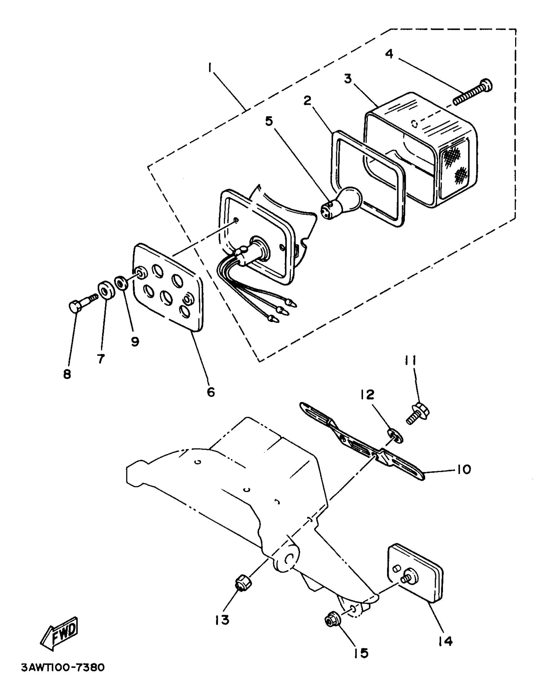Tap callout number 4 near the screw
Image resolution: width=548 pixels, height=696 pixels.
pyautogui.click(x=389, y=54)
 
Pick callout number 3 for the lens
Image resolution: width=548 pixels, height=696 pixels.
pyautogui.click(x=347, y=79)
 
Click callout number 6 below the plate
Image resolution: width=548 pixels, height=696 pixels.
pyautogui.click(x=210, y=392)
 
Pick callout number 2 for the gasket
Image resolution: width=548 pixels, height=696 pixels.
pyautogui.click(x=307, y=101)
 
